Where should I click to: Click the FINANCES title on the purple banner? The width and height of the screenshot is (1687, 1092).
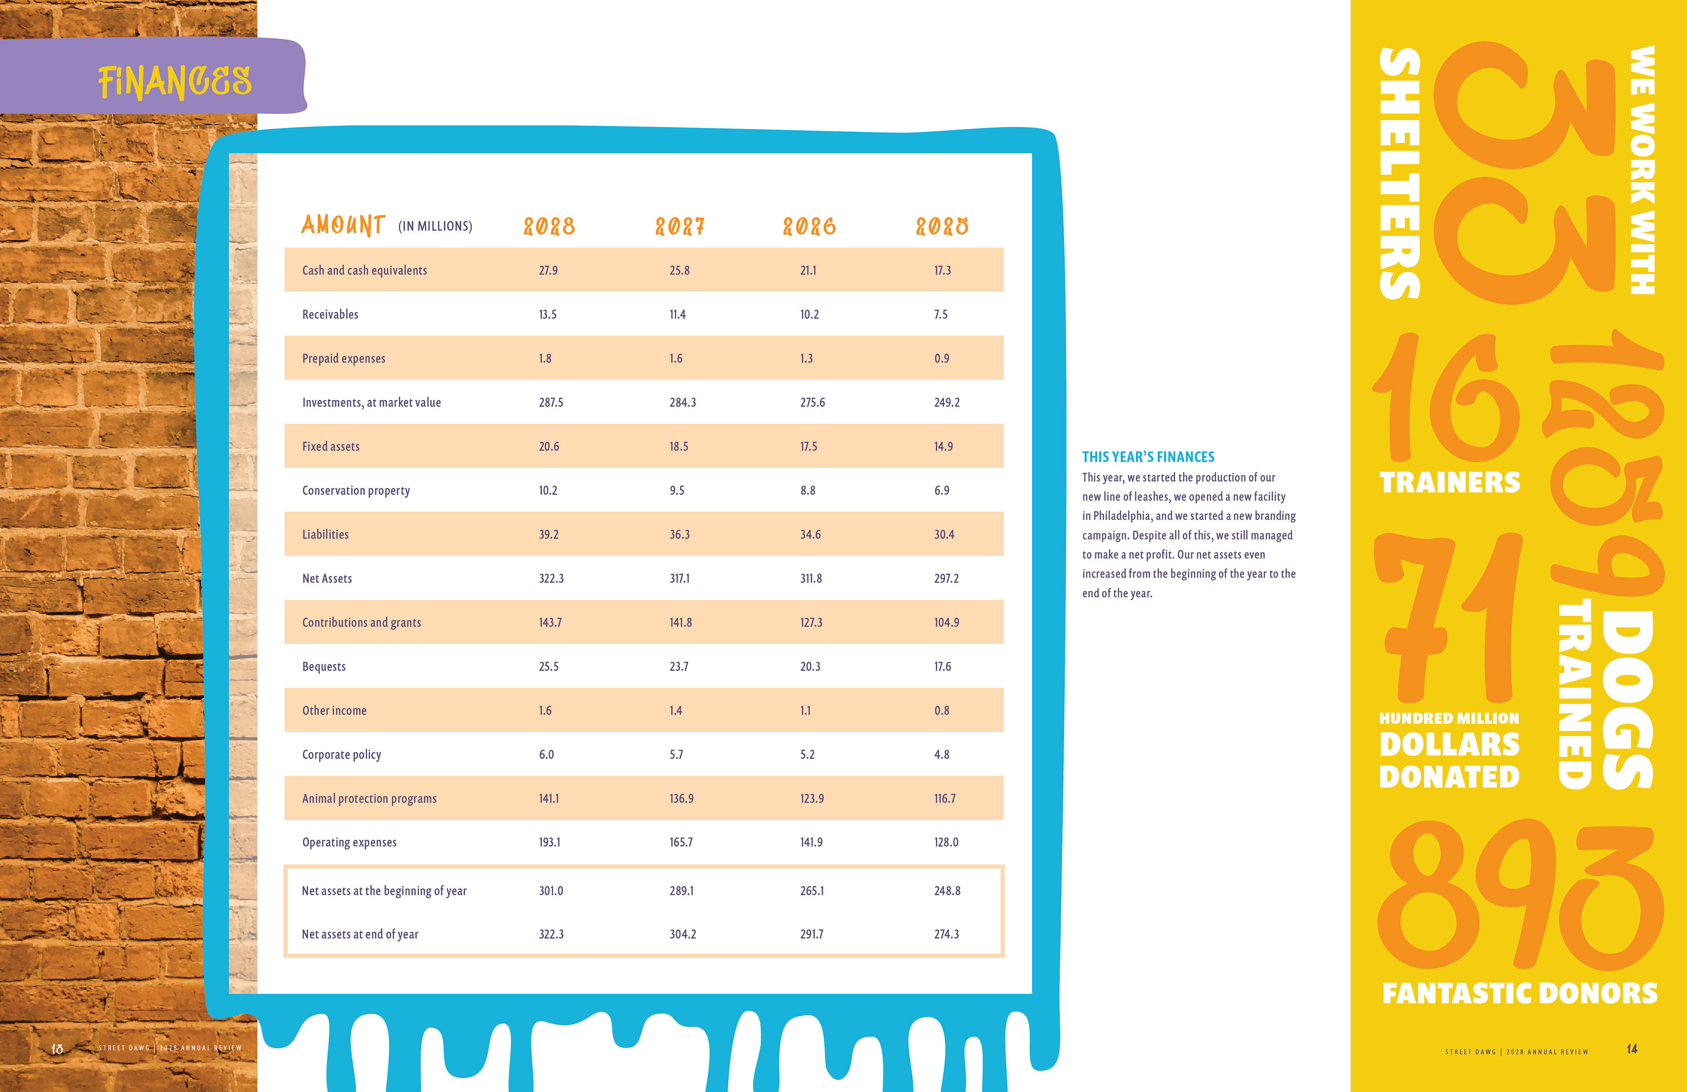click(x=174, y=82)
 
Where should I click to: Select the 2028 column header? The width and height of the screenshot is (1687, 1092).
click(x=549, y=227)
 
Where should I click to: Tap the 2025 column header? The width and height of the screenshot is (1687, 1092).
click(x=942, y=227)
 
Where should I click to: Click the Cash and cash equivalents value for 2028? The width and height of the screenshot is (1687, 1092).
click(x=548, y=270)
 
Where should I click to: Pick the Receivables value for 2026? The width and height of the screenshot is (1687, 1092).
click(x=810, y=314)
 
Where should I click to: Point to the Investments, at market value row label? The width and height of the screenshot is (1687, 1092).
click(x=371, y=402)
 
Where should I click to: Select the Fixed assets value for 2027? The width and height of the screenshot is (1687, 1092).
click(x=678, y=446)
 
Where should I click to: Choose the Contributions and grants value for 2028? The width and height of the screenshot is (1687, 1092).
click(x=550, y=622)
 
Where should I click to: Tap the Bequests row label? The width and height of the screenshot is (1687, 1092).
click(x=324, y=666)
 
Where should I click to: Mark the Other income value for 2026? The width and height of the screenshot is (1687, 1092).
click(x=805, y=710)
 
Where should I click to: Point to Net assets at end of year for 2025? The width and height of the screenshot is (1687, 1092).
click(x=946, y=934)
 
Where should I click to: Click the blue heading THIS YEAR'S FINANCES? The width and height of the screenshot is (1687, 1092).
click(x=1148, y=457)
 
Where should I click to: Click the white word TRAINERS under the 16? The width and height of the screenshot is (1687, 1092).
click(x=1449, y=482)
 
